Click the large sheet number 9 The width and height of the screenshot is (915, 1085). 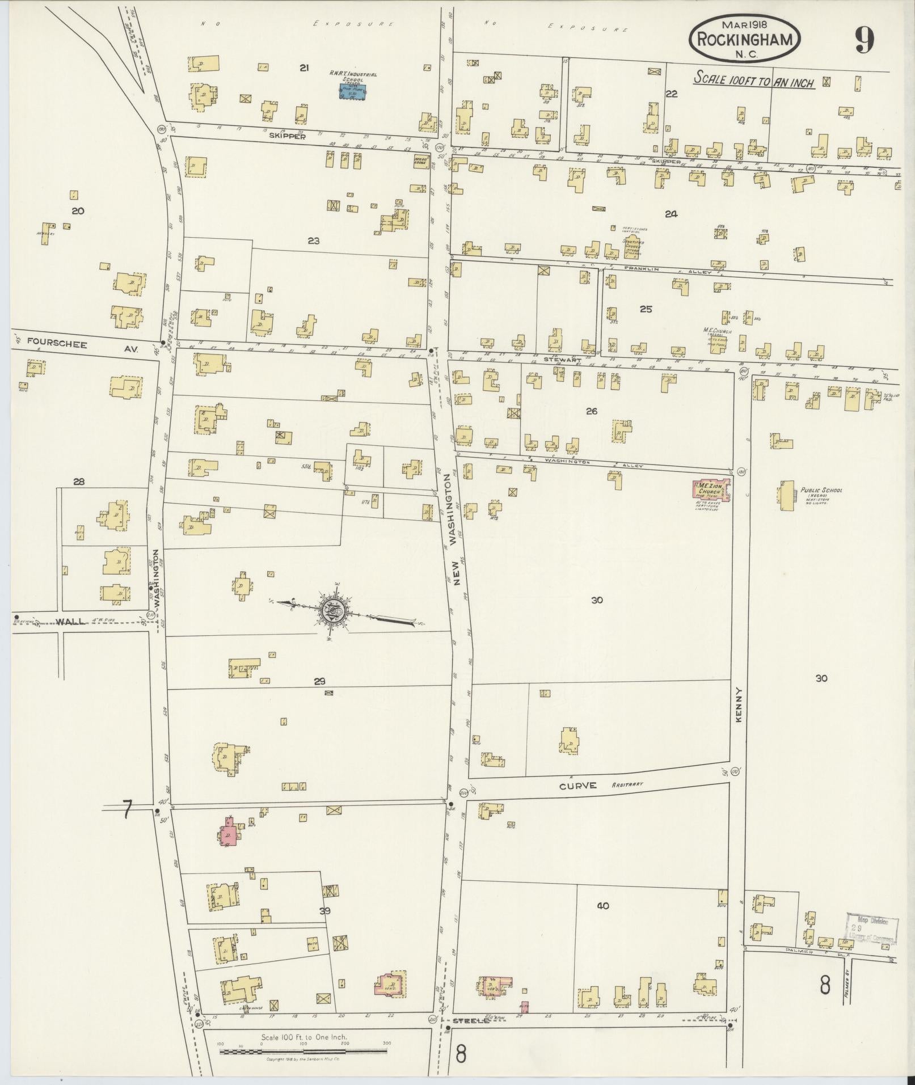(864, 41)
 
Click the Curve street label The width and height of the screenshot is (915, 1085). (577, 786)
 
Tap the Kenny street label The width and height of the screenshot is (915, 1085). (739, 704)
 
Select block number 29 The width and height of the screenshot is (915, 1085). (321, 681)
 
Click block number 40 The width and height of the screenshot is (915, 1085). (602, 906)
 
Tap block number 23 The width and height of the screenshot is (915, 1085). (313, 241)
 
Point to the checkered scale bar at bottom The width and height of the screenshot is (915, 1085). (304, 1052)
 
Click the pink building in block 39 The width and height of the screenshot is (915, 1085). (229, 831)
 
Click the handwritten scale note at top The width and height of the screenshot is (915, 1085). (754, 80)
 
